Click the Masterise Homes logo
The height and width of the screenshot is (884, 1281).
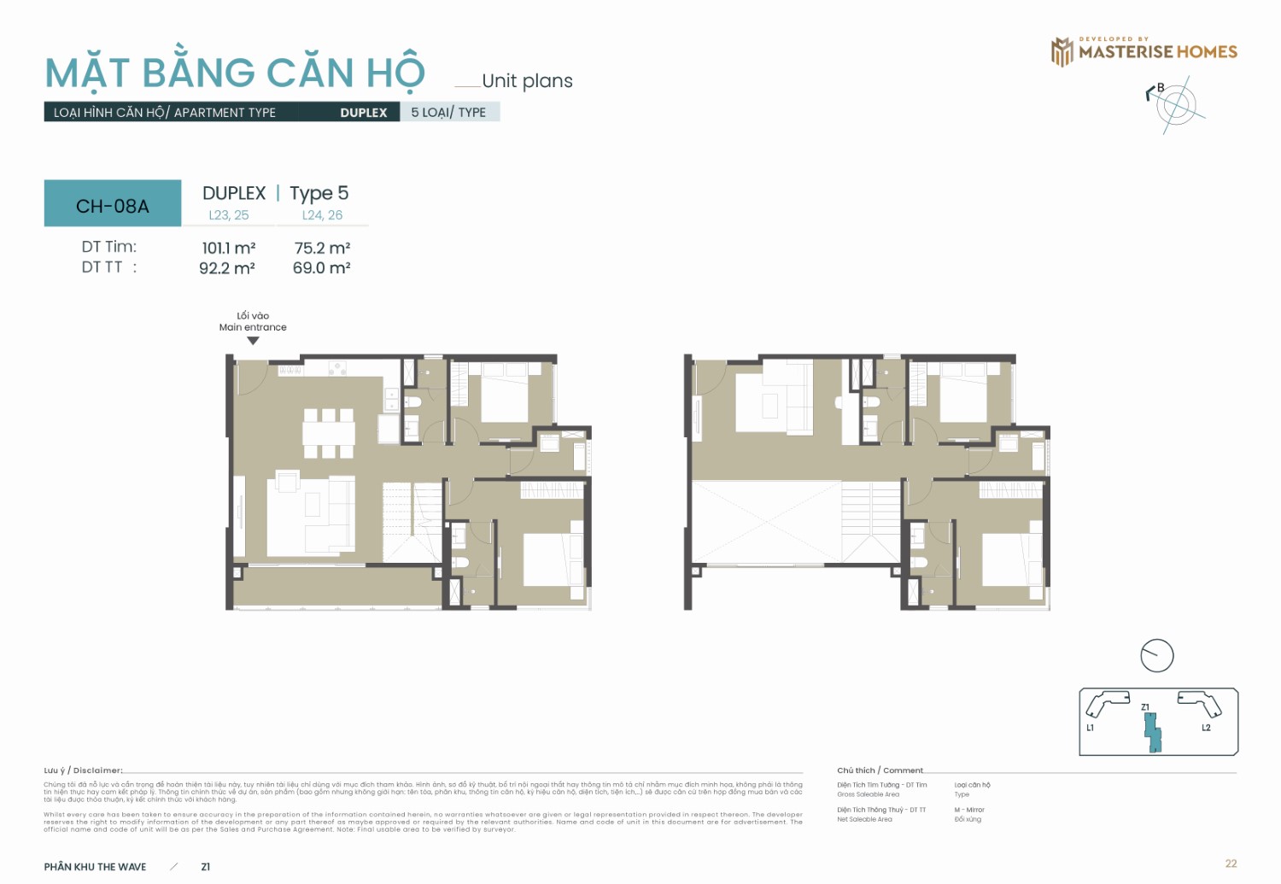pyautogui.click(x=1144, y=51)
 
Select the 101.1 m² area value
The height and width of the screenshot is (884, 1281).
pyautogui.click(x=228, y=248)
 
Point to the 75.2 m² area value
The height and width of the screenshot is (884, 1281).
pyautogui.click(x=322, y=248)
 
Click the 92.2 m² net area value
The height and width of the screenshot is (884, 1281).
pyautogui.click(x=227, y=268)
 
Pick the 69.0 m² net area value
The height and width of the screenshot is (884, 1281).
pyautogui.click(x=322, y=268)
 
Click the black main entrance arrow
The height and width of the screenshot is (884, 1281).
pyautogui.click(x=253, y=341)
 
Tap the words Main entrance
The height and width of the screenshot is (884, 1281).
pyautogui.click(x=253, y=327)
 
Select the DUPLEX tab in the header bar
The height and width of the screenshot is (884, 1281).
pyautogui.click(x=363, y=112)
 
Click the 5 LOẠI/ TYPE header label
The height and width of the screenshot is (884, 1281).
pyautogui.click(x=448, y=112)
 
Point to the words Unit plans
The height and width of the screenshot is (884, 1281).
pyautogui.click(x=527, y=81)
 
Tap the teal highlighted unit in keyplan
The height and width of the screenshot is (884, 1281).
pyautogui.click(x=1153, y=733)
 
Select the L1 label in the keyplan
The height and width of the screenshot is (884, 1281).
pyautogui.click(x=1090, y=728)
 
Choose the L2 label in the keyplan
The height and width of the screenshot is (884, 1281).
pyautogui.click(x=1206, y=728)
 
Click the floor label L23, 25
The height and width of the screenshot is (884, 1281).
pyautogui.click(x=229, y=215)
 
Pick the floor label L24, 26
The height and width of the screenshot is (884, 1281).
pyautogui.click(x=322, y=215)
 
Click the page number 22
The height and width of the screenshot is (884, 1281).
pyautogui.click(x=1231, y=864)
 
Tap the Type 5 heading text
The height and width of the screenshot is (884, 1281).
pyautogui.click(x=319, y=193)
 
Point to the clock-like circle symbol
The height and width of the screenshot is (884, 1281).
pyautogui.click(x=1157, y=656)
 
